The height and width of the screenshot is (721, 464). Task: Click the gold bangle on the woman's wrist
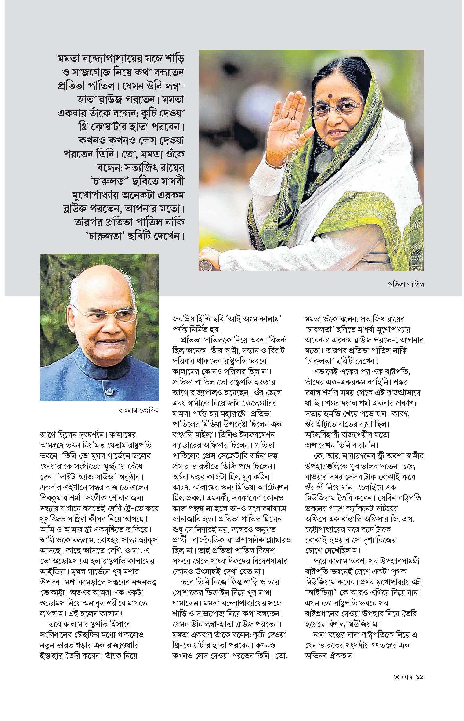[275, 164]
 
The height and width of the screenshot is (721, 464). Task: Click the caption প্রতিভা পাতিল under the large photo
[406, 284]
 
